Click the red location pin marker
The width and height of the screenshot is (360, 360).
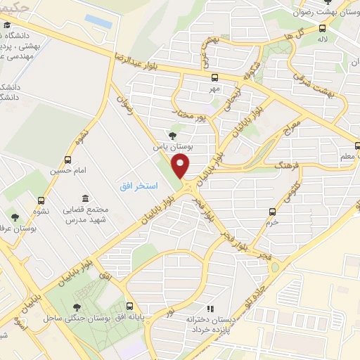(x=182, y=166)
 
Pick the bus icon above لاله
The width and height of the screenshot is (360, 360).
(x=322, y=29)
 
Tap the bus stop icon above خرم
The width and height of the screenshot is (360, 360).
(x=272, y=212)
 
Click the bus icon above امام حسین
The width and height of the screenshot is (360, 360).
(x=67, y=160)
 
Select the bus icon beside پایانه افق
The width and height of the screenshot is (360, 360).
(x=130, y=306)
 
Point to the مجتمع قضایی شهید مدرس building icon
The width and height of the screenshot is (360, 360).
(x=85, y=198)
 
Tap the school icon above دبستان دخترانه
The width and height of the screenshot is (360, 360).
(x=209, y=309)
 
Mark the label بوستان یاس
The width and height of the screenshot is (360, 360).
(x=173, y=148)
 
